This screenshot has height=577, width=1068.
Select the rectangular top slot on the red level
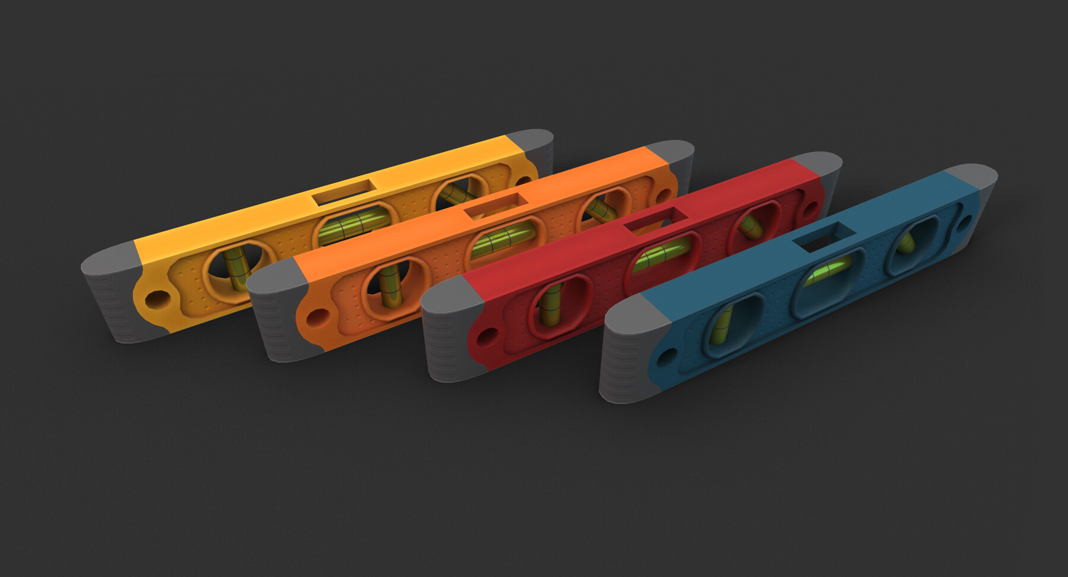pyautogui.click(x=656, y=221)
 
